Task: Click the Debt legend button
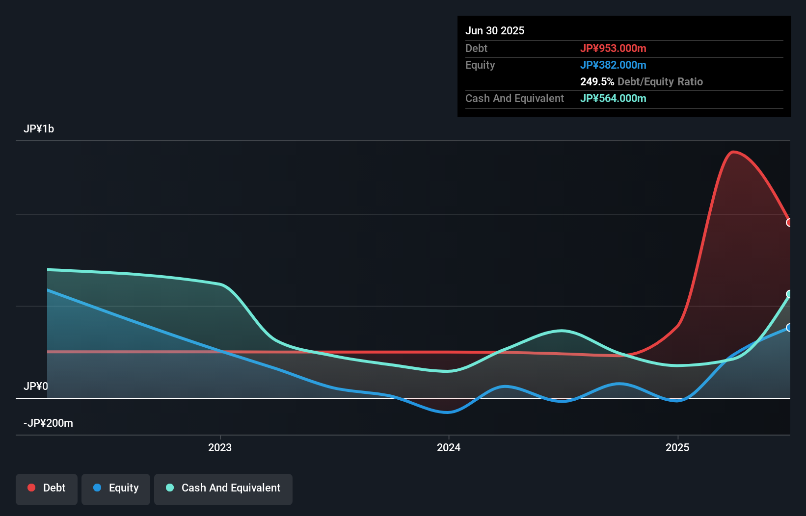(47, 489)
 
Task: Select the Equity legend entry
(116, 489)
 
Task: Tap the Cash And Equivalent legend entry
(223, 489)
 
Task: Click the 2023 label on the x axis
(220, 447)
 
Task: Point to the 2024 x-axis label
(449, 447)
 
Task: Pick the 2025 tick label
(677, 447)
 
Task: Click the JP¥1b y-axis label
(39, 129)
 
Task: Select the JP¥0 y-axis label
(36, 387)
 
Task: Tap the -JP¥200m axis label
(49, 423)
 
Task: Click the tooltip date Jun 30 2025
(495, 30)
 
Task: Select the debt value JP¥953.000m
(613, 48)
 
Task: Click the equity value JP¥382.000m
(613, 65)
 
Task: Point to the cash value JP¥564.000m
(613, 98)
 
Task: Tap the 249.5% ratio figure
(597, 81)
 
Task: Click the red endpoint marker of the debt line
(789, 223)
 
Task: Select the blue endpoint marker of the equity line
(789, 328)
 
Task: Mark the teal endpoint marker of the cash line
(789, 294)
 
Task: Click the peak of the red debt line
(733, 152)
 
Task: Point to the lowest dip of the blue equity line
(448, 412)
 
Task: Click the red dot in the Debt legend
(31, 488)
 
